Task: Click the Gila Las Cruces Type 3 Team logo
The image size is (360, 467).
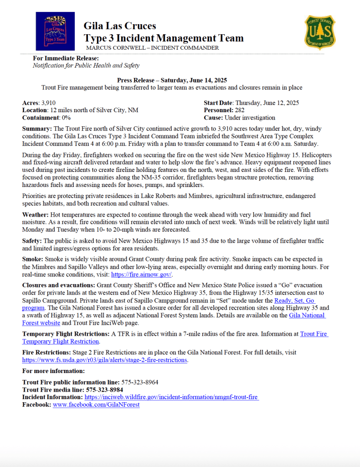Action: click(x=56, y=31)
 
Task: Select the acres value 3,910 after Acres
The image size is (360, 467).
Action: click(x=48, y=103)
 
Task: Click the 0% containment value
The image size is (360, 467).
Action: click(x=66, y=118)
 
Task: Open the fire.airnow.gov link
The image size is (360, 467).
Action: click(x=142, y=275)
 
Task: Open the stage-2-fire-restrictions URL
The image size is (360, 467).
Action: click(x=104, y=360)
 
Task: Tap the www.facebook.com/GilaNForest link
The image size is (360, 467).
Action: click(x=96, y=405)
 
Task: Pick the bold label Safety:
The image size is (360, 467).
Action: click(x=33, y=241)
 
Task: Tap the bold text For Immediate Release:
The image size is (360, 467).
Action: click(x=66, y=58)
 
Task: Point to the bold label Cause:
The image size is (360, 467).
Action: click(x=214, y=118)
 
